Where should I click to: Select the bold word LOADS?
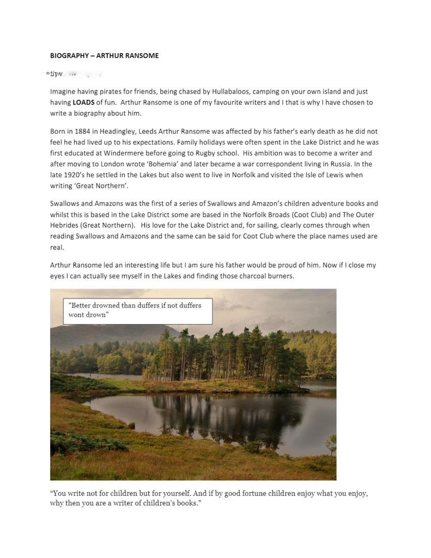click(x=83, y=102)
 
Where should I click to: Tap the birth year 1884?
click(x=82, y=131)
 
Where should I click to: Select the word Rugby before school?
click(x=205, y=153)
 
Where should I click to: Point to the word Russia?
click(x=341, y=164)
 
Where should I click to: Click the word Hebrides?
click(x=65, y=225)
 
